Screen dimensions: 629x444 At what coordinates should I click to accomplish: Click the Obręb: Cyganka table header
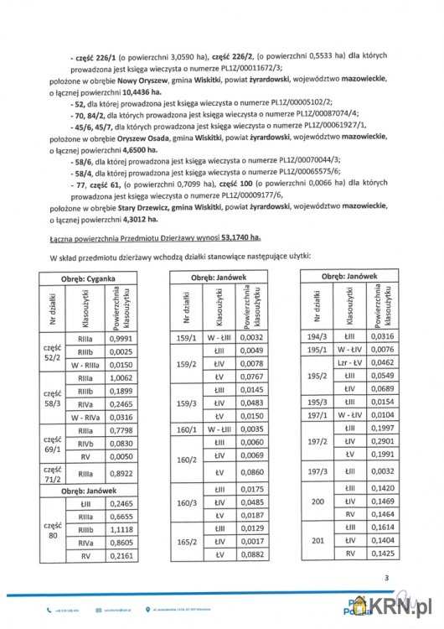[88, 276]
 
